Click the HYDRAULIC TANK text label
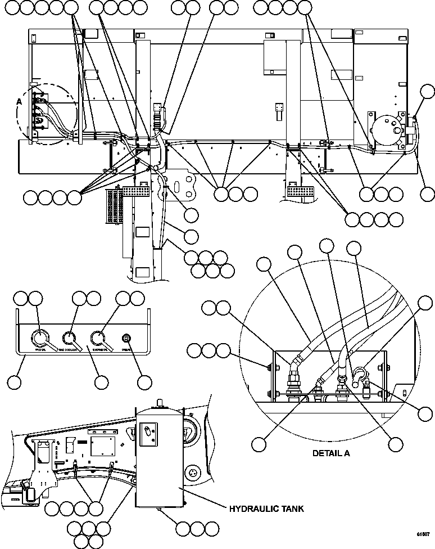(266, 509)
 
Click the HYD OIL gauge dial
(39, 337)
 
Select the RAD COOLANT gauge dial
(70, 337)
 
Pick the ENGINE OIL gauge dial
(98, 337)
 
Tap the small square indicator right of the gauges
(126, 338)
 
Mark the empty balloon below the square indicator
(144, 382)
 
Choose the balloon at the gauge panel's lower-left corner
(15, 382)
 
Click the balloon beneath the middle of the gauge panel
(101, 382)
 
